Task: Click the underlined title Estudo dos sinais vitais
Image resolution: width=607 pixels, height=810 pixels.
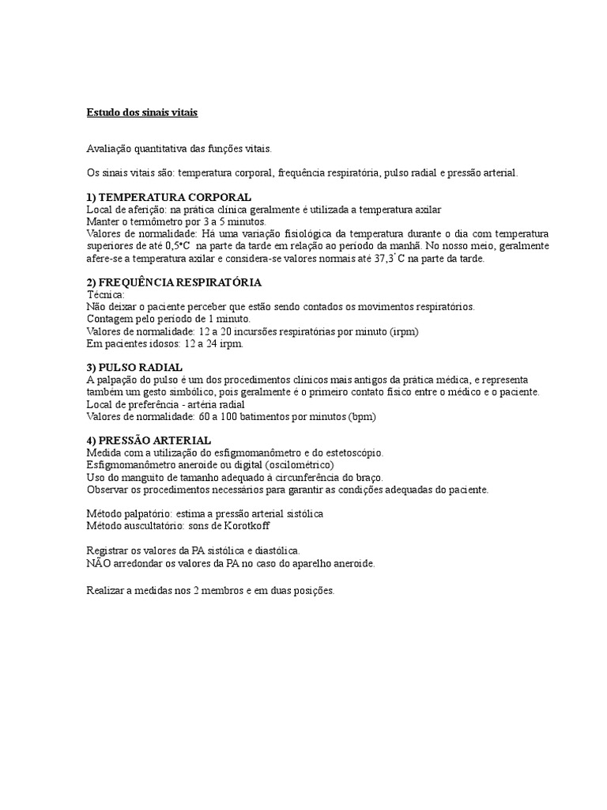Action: pyautogui.click(x=141, y=112)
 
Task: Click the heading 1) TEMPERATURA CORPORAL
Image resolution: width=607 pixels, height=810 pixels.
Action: pyautogui.click(x=168, y=197)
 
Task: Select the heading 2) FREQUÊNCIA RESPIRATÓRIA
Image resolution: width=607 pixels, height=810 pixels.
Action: pyautogui.click(x=174, y=282)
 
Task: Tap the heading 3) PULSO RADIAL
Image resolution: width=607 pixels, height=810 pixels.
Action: pyautogui.click(x=134, y=368)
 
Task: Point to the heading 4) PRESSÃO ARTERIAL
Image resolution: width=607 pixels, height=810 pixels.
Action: pyautogui.click(x=149, y=440)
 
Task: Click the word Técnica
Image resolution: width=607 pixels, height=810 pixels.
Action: pyautogui.click(x=105, y=294)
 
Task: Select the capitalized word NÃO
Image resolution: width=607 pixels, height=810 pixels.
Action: pyautogui.click(x=97, y=563)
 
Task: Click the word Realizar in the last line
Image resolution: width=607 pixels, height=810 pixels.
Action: pyautogui.click(x=107, y=589)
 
